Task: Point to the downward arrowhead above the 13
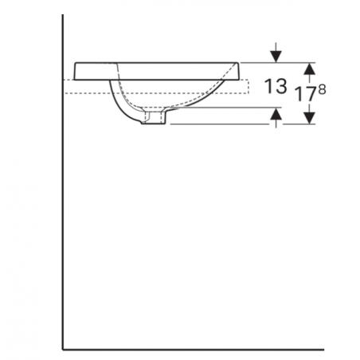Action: tap(276, 57)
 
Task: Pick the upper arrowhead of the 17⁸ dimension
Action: tap(309, 67)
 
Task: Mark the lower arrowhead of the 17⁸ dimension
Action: tap(309, 119)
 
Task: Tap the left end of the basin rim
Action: tap(74, 72)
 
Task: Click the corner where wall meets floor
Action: tap(64, 349)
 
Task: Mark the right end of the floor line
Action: tap(323, 349)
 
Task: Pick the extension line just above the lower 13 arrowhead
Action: tap(231, 109)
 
